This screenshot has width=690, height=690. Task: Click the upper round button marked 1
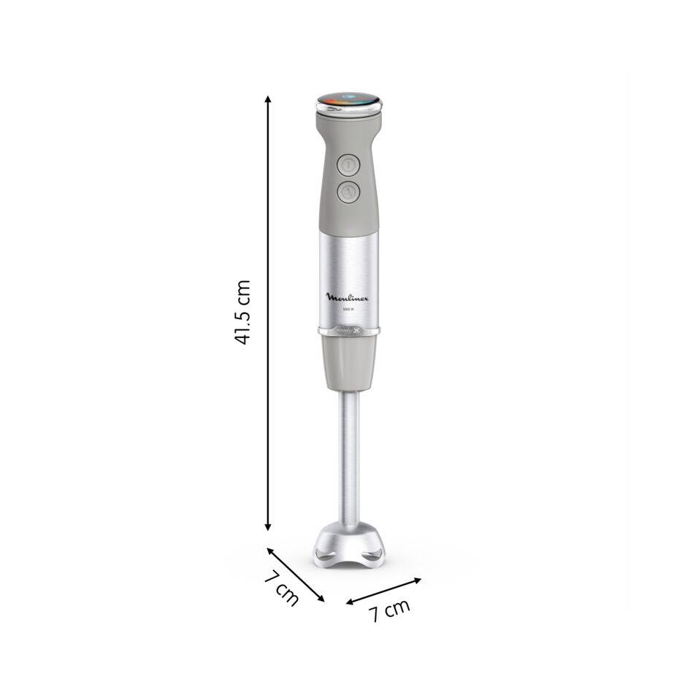(x=348, y=165)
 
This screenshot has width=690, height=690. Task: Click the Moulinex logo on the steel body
(x=348, y=297)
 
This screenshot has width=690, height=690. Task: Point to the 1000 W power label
(x=348, y=311)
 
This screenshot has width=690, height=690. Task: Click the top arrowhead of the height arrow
(x=268, y=98)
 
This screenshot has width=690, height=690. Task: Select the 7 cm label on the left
(x=281, y=588)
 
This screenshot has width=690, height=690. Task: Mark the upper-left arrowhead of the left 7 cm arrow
(x=267, y=549)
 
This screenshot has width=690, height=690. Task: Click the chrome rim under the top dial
(x=349, y=110)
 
